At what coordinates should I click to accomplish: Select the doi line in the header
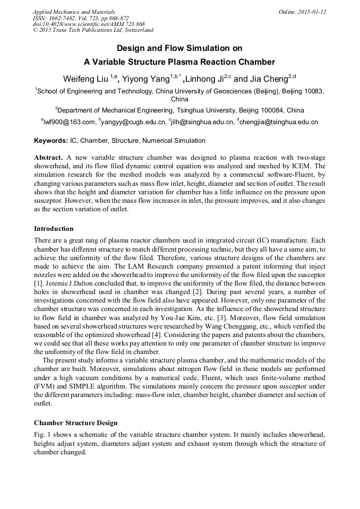89,24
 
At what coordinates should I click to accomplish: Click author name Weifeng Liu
85,80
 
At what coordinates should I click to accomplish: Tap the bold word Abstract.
49,159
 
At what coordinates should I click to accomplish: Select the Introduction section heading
54,229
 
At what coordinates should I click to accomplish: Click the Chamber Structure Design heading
75,423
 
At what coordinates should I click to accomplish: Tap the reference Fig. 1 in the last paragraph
42,435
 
